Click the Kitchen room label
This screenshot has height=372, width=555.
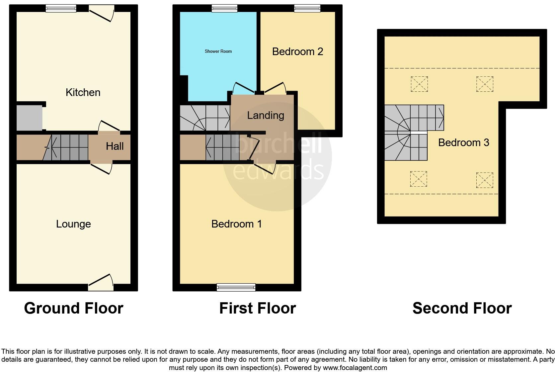pyautogui.click(x=83, y=92)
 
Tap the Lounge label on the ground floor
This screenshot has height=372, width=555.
pyautogui.click(x=73, y=224)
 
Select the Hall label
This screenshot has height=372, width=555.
pyautogui.click(x=115, y=146)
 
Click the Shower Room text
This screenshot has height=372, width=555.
pyautogui.click(x=218, y=51)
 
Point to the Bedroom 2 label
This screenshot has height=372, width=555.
pyautogui.click(x=297, y=51)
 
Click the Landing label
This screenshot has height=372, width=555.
pyautogui.click(x=266, y=115)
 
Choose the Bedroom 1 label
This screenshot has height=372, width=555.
pyautogui.click(x=236, y=224)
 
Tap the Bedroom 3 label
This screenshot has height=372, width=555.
pyautogui.click(x=463, y=142)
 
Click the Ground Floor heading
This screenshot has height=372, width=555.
pyautogui.click(x=73, y=308)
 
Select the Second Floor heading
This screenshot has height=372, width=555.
pyautogui.click(x=462, y=308)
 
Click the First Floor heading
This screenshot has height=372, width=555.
pyautogui.click(x=257, y=308)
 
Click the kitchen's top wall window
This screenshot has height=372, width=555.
pyautogui.click(x=61, y=8)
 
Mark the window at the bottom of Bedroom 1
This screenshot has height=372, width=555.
pyautogui.click(x=236, y=287)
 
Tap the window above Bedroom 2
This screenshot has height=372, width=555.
pyautogui.click(x=307, y=8)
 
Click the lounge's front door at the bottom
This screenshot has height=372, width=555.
pyautogui.click(x=101, y=282)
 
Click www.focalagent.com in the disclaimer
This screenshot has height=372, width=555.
pyautogui.click(x=355, y=368)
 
